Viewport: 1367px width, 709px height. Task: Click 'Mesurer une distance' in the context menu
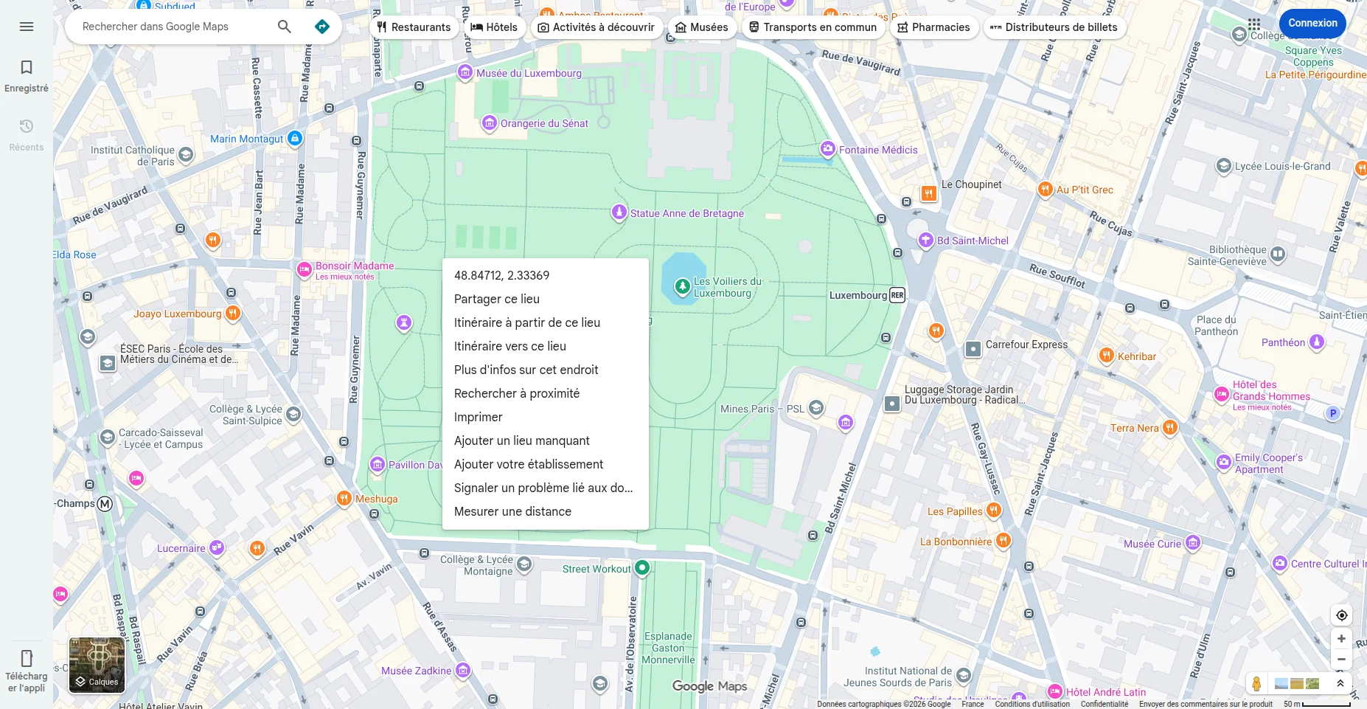pos(512,511)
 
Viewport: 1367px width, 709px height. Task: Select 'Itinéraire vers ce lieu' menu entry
pos(510,346)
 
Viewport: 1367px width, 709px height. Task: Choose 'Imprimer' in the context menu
pos(478,417)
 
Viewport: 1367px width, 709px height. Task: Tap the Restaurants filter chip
pos(414,27)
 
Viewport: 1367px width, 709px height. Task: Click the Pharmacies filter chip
pos(933,27)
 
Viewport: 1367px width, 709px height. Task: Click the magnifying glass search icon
pos(285,27)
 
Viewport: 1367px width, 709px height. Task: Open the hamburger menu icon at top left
pos(27,27)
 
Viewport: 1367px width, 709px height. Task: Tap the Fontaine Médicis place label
pos(877,150)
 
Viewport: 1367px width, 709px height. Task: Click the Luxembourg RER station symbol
pos(897,295)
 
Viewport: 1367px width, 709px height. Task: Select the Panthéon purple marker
pos(1317,342)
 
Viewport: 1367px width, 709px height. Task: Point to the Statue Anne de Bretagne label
pos(686,213)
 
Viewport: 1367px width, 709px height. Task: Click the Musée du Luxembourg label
pos(529,73)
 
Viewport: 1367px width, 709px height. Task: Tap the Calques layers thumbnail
pos(97,665)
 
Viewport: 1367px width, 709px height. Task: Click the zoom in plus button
pos(1341,639)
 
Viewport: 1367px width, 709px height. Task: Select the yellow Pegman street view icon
pos(1256,683)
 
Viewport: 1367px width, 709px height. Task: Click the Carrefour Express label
pos(1026,345)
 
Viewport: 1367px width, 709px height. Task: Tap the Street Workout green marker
pos(642,568)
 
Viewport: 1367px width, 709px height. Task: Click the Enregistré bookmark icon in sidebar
pos(27,68)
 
